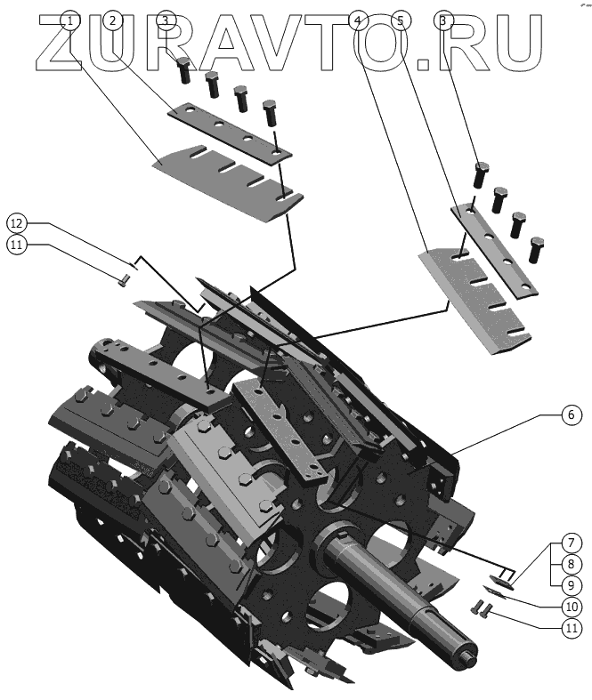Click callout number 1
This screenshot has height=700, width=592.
[70, 20]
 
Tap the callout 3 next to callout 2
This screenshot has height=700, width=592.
[166, 20]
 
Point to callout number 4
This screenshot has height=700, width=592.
[358, 20]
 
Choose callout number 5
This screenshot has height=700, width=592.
[401, 20]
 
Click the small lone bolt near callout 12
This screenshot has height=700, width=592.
[124, 281]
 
